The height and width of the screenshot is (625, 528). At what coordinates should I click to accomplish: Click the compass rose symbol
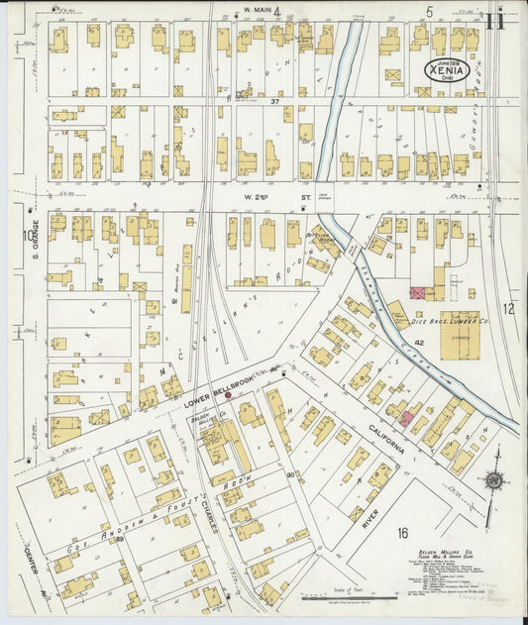(492, 481)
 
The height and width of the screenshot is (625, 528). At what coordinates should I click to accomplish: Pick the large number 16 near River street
(402, 533)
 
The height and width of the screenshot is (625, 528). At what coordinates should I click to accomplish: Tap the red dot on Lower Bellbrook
(229, 394)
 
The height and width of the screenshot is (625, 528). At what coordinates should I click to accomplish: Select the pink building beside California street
(406, 419)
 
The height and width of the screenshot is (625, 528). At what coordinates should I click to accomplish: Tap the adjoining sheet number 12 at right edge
(509, 309)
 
